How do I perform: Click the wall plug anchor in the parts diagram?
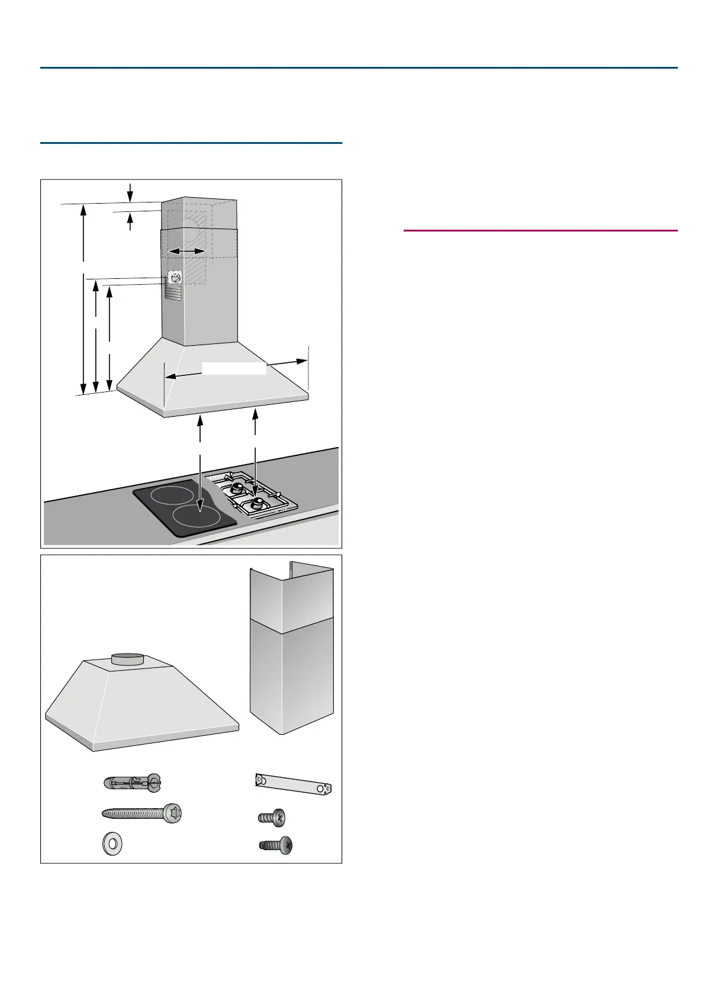click(x=131, y=782)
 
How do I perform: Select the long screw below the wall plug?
click(x=142, y=813)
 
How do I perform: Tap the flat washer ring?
click(x=110, y=844)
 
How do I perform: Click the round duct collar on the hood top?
click(x=127, y=659)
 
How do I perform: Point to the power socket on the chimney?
click(x=174, y=277)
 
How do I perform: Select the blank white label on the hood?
click(x=234, y=368)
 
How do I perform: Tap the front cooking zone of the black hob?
click(x=197, y=517)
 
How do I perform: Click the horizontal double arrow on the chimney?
click(x=186, y=252)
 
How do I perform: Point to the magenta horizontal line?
click(x=540, y=230)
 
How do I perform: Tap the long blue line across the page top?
click(x=359, y=67)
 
